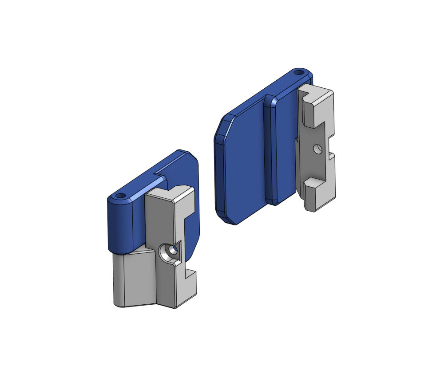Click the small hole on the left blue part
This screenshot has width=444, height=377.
pos(120,196)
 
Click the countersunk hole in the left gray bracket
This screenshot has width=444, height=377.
pos(170,252)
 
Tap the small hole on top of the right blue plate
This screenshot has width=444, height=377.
pos(300,71)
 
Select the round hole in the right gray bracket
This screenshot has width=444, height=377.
pos(317,149)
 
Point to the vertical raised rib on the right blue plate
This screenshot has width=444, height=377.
pos(270,151)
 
